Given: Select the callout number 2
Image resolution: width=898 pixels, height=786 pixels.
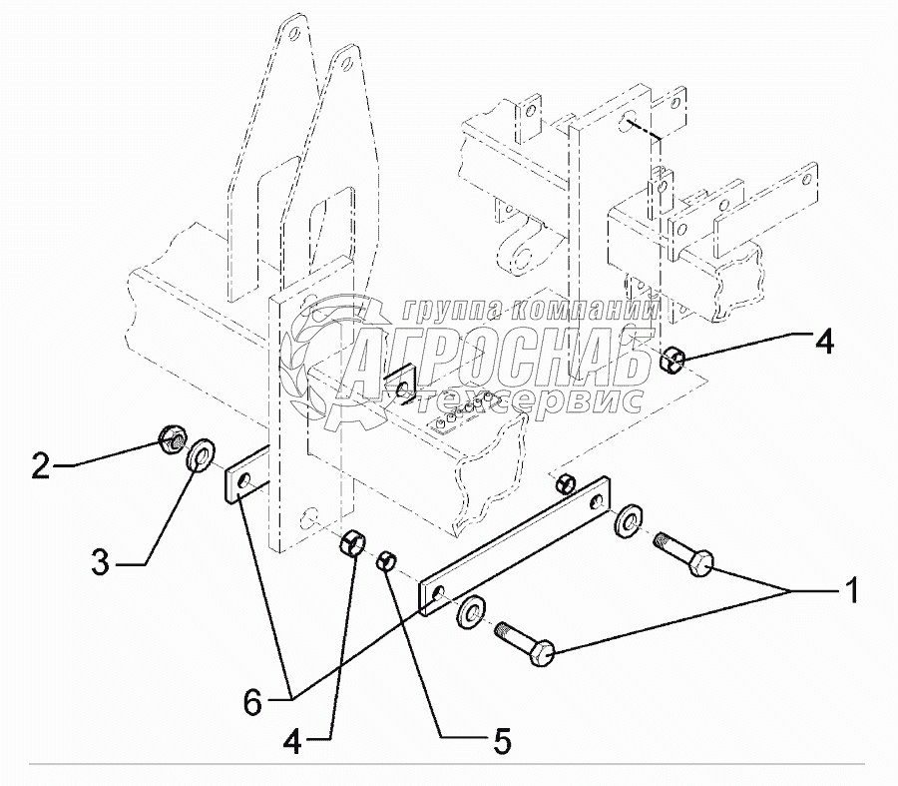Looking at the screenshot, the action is [x=41, y=464].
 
